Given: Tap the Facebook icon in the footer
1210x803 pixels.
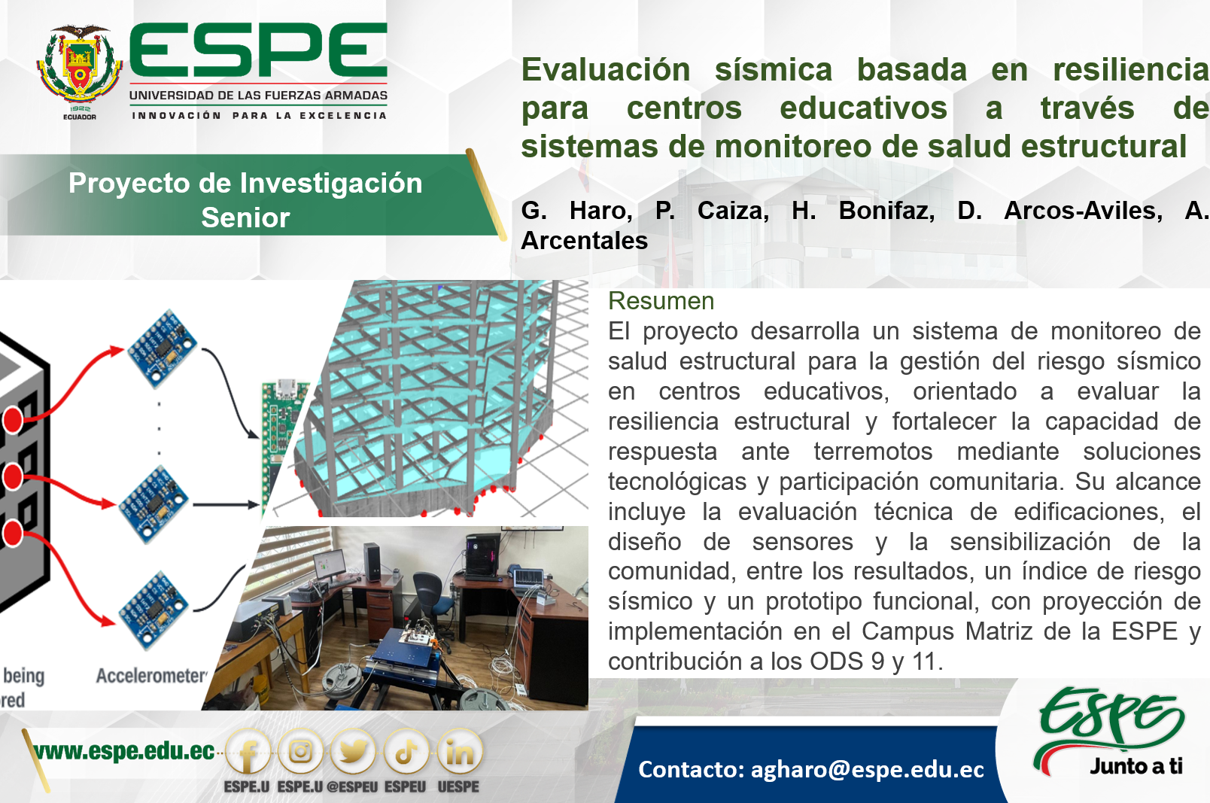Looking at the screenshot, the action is (x=248, y=753).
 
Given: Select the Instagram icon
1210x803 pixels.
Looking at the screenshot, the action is (x=300, y=752).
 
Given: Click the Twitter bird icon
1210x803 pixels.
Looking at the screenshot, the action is (x=353, y=752).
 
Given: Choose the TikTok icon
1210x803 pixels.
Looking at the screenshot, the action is (x=406, y=752).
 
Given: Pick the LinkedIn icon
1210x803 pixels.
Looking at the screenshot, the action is (x=459, y=752).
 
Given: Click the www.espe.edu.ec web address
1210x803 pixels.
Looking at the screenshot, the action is (x=123, y=751).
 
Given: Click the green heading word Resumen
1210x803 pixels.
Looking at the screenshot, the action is (x=661, y=301).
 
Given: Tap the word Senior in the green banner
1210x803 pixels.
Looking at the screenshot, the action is (x=246, y=217).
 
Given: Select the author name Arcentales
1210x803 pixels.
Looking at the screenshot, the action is (x=585, y=241).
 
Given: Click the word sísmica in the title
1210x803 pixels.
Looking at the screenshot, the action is (x=774, y=70).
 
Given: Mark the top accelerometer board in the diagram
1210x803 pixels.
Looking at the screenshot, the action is (x=162, y=348).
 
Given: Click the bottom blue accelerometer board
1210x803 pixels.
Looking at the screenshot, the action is (x=154, y=610).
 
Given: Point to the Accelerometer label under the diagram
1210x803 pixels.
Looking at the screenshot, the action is (x=152, y=676).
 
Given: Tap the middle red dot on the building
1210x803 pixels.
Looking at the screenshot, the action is (x=13, y=476).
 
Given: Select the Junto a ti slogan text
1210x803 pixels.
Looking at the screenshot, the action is (x=1136, y=766).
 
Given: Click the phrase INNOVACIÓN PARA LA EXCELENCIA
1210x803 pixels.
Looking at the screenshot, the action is (x=260, y=116).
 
